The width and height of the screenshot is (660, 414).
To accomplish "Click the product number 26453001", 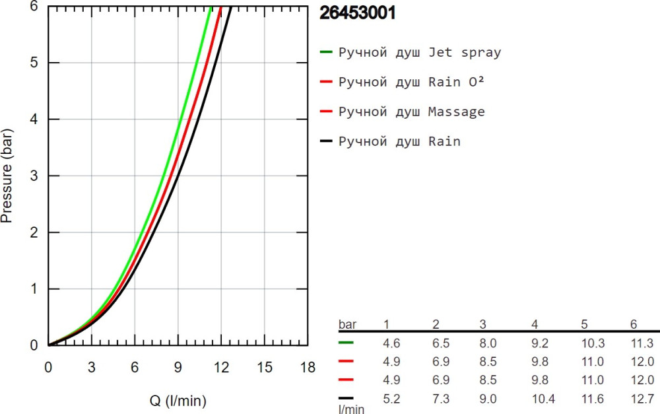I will coord(357,13).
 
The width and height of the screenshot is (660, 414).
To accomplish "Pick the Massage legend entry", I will coord(411,112).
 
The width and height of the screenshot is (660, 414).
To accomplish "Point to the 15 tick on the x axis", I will coord(264,366).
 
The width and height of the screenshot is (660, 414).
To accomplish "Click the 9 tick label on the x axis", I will coord(178,366).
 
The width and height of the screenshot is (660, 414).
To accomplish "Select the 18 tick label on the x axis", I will coord(308,366).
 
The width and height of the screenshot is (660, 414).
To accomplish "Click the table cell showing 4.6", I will coord(393,343).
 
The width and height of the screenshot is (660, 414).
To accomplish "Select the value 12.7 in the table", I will coord(642,398).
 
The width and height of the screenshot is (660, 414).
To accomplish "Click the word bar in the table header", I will coord(346,325).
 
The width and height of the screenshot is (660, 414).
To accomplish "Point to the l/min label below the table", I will coord(351,409).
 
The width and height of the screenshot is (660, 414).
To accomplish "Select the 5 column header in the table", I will coord(584,325).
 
